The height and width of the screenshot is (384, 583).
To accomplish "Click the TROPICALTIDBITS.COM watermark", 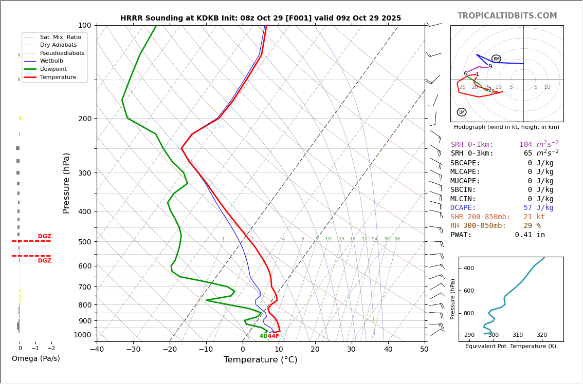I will click(507, 16).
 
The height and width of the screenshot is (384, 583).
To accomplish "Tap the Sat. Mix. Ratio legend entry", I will click(60, 37).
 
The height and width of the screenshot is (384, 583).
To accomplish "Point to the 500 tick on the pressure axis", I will click(84, 242).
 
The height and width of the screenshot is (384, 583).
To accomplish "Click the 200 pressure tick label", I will click(84, 119).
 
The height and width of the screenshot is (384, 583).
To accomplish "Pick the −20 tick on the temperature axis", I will click(170, 350).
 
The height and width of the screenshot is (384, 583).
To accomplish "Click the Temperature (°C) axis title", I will click(260, 360).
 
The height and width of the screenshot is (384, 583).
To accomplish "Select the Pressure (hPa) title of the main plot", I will click(66, 183).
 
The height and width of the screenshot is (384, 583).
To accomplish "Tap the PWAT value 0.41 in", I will click(530, 235).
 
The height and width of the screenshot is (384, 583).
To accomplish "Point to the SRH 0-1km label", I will click(472, 145).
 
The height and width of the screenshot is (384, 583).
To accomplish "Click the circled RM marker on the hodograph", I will click(496, 59).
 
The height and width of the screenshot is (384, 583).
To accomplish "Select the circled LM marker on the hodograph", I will click(462, 112).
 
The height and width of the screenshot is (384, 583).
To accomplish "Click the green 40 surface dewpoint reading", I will click(263, 336).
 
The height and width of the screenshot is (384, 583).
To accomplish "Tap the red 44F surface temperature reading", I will click(274, 336).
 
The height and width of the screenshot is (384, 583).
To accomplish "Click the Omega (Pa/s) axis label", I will click(36, 358).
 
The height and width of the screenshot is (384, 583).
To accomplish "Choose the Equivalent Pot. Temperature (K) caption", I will click(511, 346).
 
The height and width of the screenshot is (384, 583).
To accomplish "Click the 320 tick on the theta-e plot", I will click(542, 335).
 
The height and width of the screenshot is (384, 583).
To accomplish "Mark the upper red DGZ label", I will click(45, 237).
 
